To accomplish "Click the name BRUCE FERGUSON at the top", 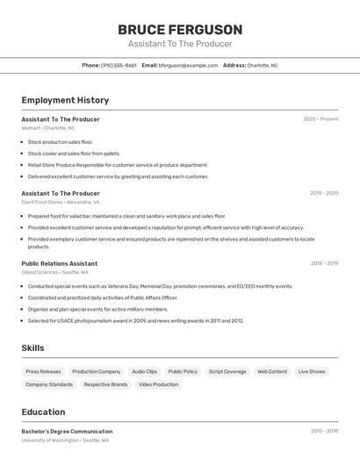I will [180, 30].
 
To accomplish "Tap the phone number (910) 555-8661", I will [119, 65].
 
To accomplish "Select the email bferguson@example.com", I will [188, 65].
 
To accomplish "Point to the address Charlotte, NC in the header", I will [262, 65].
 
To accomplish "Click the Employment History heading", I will [65, 100].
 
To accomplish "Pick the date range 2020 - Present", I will [320, 119].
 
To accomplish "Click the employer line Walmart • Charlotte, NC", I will [48, 128].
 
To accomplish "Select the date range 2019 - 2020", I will [324, 193].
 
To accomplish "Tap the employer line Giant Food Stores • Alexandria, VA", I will [61, 202].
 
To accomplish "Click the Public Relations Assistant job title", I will [60, 263].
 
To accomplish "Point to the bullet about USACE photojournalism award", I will [135, 320].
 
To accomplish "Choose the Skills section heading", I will [32, 348].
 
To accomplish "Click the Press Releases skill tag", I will [43, 371].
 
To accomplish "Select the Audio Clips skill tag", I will [144, 371].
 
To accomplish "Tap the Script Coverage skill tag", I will [227, 371].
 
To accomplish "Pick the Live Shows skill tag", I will [312, 371].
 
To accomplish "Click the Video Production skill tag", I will [158, 384].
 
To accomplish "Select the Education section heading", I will [43, 411].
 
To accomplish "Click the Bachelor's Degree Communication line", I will [67, 432].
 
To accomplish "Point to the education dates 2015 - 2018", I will [324, 432].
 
